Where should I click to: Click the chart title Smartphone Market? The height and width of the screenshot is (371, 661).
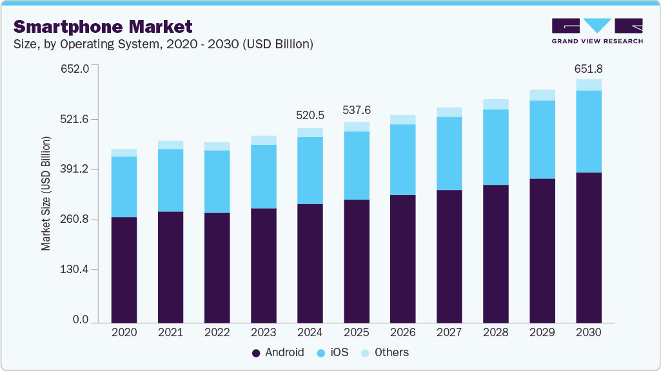[x=103, y=26]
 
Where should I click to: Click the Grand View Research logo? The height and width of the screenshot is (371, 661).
[x=597, y=31]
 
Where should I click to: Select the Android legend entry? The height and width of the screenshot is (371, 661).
[x=278, y=352]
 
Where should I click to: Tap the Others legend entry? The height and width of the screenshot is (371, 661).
[x=384, y=352]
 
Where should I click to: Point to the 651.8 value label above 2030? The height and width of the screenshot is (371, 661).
[x=588, y=69]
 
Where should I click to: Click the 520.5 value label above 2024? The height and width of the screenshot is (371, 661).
[x=310, y=115]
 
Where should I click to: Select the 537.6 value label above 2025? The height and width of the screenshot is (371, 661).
[x=357, y=110]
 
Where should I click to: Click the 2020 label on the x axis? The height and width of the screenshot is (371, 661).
[x=124, y=333]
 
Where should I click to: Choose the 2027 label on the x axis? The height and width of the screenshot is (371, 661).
[x=449, y=333]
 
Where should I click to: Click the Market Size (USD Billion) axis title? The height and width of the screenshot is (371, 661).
[x=46, y=193]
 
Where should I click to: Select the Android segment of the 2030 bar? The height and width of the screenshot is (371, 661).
[x=589, y=247]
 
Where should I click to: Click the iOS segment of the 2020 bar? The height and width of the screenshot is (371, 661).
[x=124, y=187]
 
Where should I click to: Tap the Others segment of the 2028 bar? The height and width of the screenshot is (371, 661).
[x=496, y=104]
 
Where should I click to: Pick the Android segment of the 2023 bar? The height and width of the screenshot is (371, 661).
[x=264, y=265]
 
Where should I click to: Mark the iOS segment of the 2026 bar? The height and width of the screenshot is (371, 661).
[x=403, y=160]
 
